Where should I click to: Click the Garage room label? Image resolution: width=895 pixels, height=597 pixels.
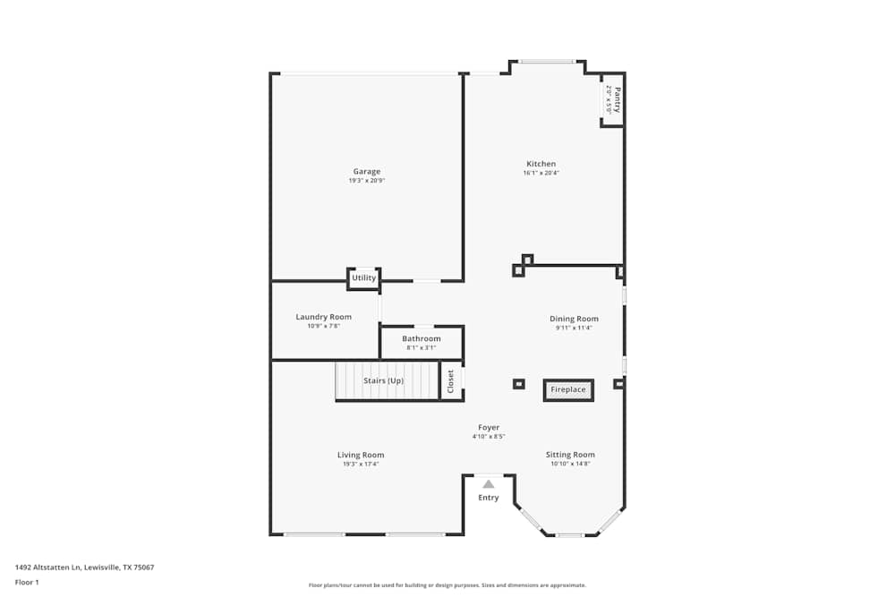tap(366, 171)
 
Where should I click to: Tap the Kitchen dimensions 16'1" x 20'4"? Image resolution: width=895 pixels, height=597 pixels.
tap(541, 174)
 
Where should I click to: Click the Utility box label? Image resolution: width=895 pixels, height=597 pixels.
tap(363, 278)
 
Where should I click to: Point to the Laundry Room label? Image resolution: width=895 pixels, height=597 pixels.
tap(323, 317)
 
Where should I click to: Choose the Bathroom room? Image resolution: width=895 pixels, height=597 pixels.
tap(421, 342)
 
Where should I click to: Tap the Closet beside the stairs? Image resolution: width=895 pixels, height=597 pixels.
tap(451, 381)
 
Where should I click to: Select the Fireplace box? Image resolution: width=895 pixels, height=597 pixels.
tap(568, 390)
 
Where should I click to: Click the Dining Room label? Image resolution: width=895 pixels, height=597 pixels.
tap(574, 319)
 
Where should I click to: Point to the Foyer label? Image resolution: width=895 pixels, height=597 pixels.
tap(489, 428)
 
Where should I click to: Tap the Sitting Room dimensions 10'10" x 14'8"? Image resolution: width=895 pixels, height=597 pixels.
tap(570, 464)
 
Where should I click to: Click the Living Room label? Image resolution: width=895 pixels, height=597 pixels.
tap(361, 455)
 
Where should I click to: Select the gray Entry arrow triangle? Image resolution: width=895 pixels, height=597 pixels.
tap(489, 484)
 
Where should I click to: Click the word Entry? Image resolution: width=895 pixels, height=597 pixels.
tap(489, 498)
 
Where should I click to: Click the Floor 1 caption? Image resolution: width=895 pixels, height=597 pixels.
tap(28, 582)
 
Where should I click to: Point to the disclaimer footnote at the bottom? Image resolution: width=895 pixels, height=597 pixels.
tap(447, 585)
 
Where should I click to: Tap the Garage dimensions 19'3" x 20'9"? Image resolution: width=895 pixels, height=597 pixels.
tap(366, 181)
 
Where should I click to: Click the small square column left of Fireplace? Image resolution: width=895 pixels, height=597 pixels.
tap(518, 384)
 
